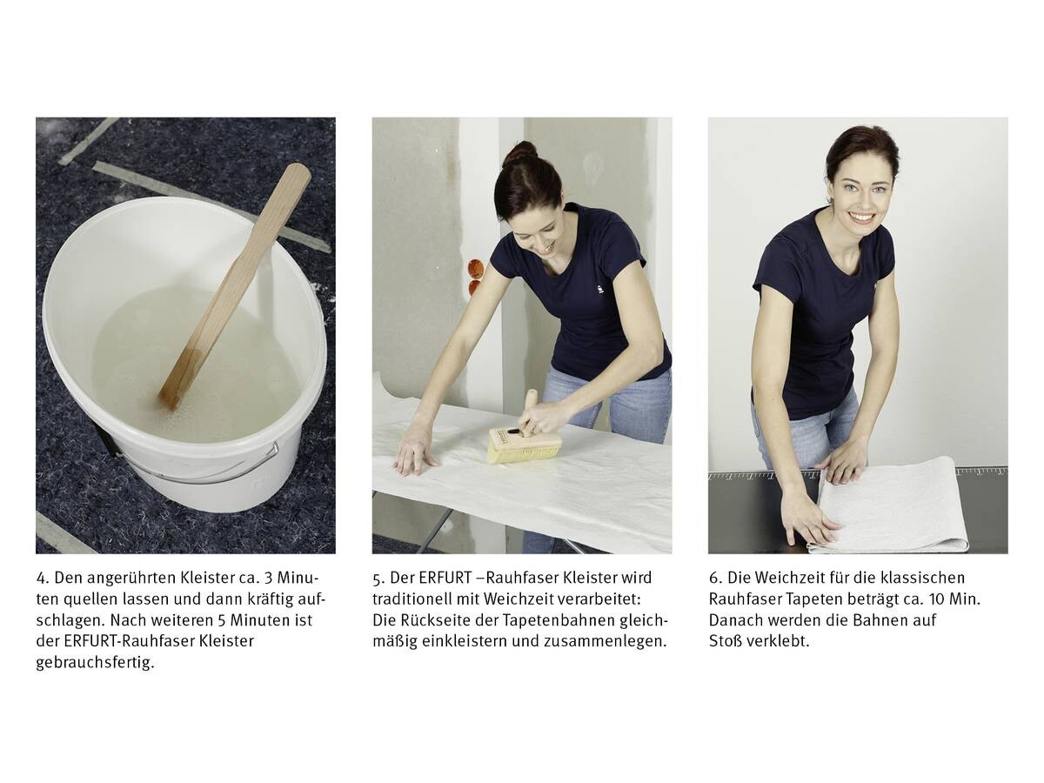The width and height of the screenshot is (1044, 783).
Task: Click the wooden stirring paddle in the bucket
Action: (x=236, y=285)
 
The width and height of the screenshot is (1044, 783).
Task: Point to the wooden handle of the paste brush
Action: (x=531, y=410)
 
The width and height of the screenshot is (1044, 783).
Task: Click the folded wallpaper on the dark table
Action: (x=888, y=506)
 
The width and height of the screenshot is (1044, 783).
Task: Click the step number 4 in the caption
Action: (x=43, y=579)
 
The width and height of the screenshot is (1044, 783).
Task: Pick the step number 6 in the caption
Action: (x=715, y=579)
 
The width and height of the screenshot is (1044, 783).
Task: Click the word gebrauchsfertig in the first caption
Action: (x=95, y=662)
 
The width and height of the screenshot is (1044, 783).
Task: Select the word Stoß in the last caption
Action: (x=725, y=641)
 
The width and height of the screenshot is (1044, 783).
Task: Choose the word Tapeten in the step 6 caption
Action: (x=817, y=600)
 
